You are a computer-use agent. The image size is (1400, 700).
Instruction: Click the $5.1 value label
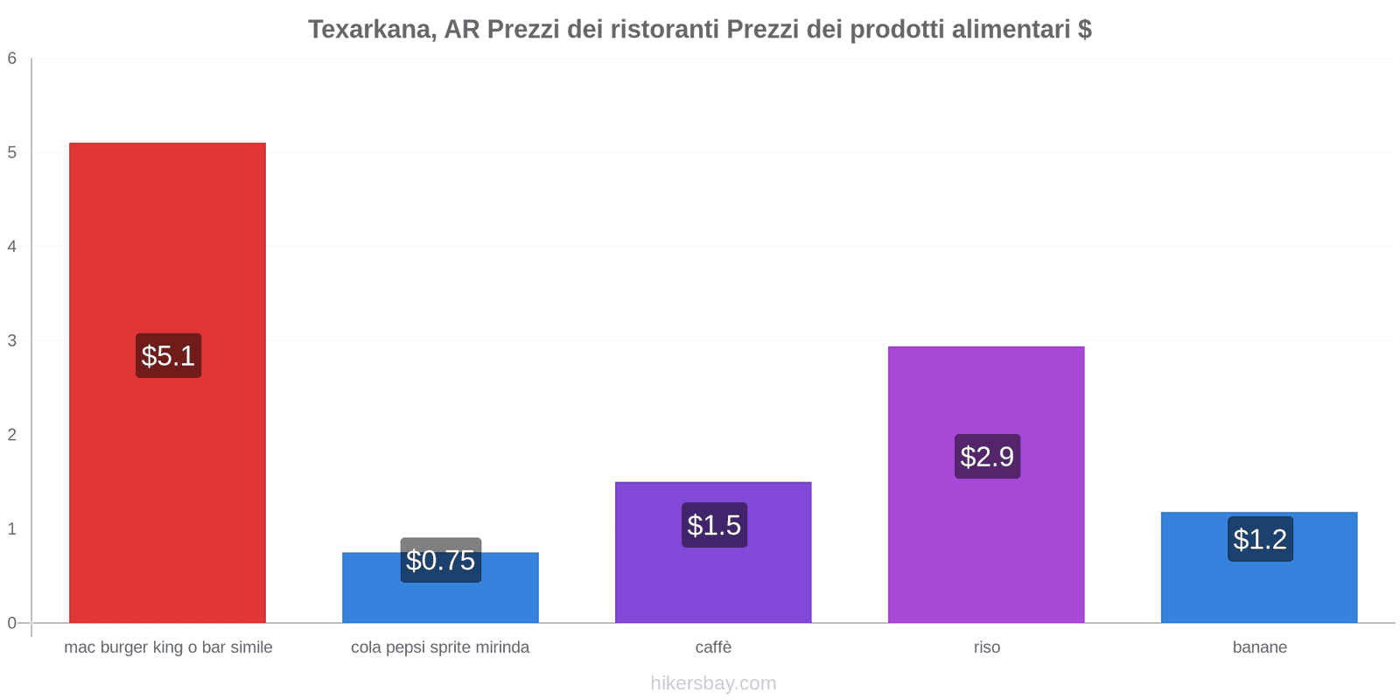[168, 356]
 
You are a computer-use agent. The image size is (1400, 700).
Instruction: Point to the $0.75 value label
[440, 560]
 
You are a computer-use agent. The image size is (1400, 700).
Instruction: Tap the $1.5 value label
[714, 525]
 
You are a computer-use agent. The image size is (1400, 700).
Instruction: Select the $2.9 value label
[987, 456]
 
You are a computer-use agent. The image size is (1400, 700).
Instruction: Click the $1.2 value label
[1260, 539]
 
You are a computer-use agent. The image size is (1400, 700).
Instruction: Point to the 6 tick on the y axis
[12, 59]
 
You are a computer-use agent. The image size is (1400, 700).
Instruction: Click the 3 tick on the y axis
[12, 340]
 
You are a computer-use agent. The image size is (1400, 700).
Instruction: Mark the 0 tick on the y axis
[12, 623]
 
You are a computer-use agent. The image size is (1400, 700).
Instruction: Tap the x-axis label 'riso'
[986, 647]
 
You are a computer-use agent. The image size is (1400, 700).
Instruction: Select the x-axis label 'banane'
[1259, 647]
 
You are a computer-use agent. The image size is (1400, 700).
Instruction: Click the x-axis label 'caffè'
[713, 647]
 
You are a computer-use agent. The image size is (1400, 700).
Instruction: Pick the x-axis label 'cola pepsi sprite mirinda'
[440, 647]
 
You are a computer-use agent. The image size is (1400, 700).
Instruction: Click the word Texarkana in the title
[371, 30]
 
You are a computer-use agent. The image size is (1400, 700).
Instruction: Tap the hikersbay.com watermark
[713, 683]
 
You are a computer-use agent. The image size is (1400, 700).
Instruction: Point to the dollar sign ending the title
[1084, 30]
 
